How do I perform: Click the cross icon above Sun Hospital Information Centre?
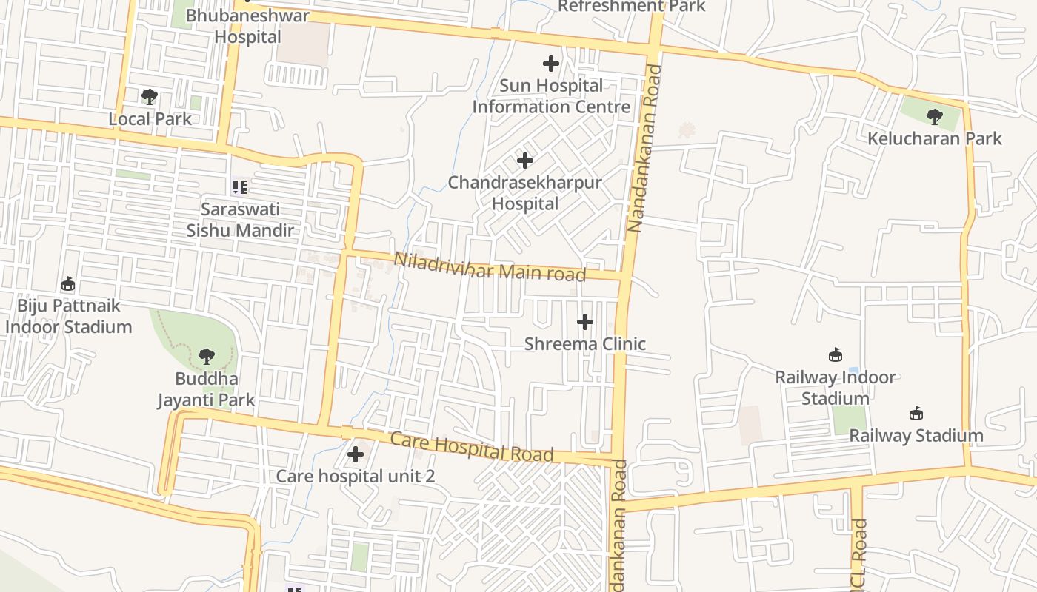point(551,64)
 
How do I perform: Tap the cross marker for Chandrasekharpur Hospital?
point(525,161)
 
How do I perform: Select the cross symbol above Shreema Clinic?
point(585,322)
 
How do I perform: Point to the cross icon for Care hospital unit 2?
point(356,454)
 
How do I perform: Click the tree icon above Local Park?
point(150,97)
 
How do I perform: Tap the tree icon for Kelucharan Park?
point(935,116)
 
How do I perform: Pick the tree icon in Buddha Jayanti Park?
point(207,357)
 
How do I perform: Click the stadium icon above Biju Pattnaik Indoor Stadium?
point(68,283)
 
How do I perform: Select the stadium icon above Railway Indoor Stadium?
point(836,355)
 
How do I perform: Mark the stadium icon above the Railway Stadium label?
point(916,413)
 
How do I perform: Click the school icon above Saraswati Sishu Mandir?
point(239,187)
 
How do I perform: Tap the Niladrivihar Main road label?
point(490,267)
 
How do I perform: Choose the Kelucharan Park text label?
point(935,138)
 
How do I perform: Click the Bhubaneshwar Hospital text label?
point(247,26)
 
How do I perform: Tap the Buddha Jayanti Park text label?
point(207,389)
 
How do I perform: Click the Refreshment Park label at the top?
point(631,7)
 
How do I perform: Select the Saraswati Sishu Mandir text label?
point(240,219)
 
